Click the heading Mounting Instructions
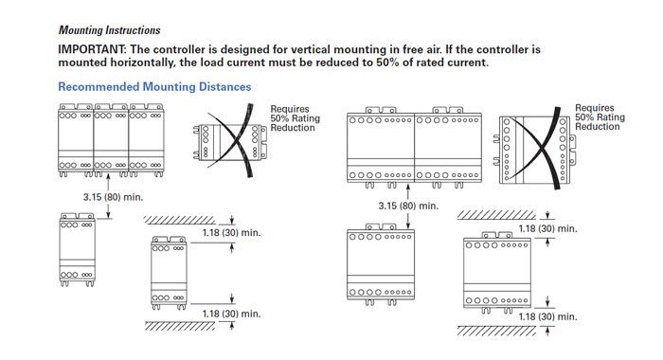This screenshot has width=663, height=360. pyautogui.click(x=110, y=30)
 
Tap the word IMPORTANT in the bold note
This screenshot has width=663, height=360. pyautogui.click(x=91, y=49)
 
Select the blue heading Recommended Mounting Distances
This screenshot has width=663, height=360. pyautogui.click(x=154, y=87)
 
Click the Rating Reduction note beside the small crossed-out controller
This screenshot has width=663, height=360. pyautogui.click(x=296, y=118)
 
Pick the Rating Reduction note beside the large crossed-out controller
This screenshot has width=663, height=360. pyautogui.click(x=600, y=117)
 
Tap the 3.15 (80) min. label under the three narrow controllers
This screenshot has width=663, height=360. pyautogui.click(x=113, y=197)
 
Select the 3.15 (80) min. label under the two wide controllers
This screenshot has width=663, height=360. pyautogui.click(x=408, y=206)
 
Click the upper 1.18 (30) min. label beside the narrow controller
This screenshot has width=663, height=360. pyautogui.click(x=231, y=233)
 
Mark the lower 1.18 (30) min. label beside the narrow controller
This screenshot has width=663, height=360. pyautogui.click(x=231, y=314)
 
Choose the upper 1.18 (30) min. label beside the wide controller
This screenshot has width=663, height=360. pyautogui.click(x=548, y=229)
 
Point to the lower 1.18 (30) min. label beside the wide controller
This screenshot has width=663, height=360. pyautogui.click(x=548, y=316)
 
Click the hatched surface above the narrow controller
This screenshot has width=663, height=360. pyautogui.click(x=179, y=220)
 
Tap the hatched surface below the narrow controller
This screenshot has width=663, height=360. pyautogui.click(x=180, y=326)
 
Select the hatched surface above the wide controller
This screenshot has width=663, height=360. pyautogui.click(x=496, y=215)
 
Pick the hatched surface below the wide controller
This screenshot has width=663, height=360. pyautogui.click(x=496, y=331)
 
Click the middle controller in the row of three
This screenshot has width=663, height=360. pyautogui.click(x=111, y=140)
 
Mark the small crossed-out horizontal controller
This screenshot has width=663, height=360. pyautogui.click(x=229, y=142)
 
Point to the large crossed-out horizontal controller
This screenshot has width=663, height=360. pyautogui.click(x=534, y=151)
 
